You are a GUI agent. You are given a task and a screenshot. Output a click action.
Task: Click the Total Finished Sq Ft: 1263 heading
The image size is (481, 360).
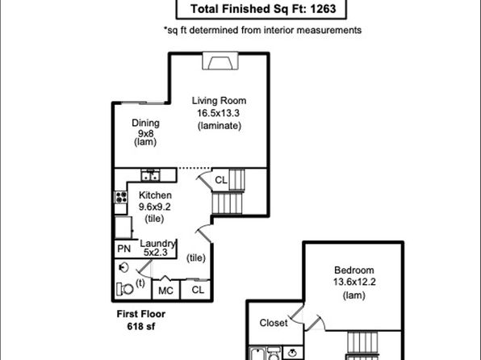click(263, 9)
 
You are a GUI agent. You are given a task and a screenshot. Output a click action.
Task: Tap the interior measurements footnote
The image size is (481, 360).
click(262, 30)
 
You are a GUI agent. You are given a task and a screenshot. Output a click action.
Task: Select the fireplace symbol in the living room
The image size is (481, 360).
click(220, 61)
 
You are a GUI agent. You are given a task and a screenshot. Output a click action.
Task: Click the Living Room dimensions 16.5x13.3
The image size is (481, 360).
click(218, 113)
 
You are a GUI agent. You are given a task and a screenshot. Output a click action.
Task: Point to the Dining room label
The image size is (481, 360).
click(145, 123)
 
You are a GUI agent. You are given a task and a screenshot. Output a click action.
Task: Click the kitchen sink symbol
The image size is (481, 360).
click(150, 175)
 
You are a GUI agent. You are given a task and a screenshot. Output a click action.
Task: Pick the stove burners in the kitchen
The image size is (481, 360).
click(121, 197)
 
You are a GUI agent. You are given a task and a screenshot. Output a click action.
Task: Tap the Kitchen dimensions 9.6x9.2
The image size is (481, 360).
click(155, 207)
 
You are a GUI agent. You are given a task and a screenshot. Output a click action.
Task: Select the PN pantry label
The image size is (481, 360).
click(124, 249)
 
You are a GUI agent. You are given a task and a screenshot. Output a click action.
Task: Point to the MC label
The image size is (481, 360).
click(165, 291)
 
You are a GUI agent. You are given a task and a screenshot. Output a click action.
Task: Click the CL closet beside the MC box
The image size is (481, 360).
click(198, 290)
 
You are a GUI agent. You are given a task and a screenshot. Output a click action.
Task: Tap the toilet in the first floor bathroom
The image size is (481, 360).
click(124, 289)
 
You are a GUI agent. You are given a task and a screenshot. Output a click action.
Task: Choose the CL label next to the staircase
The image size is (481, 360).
click(221, 180)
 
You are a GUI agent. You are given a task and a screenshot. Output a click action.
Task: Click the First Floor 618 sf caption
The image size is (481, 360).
click(141, 320)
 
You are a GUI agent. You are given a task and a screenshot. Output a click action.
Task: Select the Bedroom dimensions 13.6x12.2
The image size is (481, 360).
click(354, 282)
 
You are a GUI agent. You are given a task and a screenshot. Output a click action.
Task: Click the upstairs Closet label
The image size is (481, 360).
click(274, 323)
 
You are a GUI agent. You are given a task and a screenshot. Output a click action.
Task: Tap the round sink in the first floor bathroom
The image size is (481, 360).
click(123, 268)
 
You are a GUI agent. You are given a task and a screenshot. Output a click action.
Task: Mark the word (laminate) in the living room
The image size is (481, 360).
click(220, 126)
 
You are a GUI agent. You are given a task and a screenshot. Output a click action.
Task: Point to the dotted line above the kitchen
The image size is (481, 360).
click(194, 168)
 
